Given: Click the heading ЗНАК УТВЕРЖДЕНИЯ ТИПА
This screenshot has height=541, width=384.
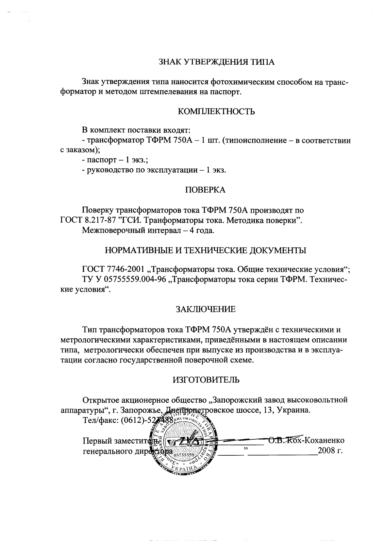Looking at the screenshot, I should coord(216,62).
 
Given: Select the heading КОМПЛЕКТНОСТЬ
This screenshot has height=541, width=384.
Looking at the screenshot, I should coord(216,112).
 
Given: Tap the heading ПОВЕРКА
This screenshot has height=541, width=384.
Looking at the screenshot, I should coord(205,190).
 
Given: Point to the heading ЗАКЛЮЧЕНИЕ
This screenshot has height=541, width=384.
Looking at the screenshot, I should coord(206,309).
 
